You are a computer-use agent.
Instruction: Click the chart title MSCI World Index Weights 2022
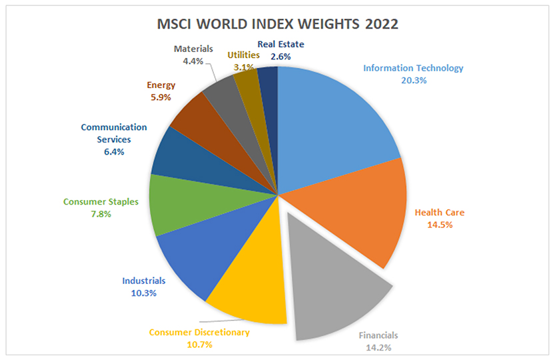[277, 25]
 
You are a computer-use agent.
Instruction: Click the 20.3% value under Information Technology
[413, 80]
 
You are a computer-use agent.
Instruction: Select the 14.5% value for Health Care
[439, 225]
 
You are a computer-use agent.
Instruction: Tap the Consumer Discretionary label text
[199, 332]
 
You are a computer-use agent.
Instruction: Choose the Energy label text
[161, 85]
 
